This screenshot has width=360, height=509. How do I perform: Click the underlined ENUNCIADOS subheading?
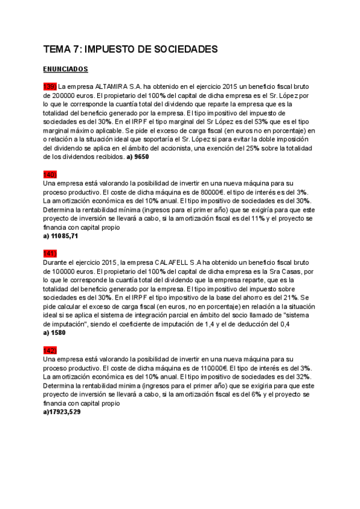(66, 69)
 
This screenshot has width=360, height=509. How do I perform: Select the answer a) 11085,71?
(61, 236)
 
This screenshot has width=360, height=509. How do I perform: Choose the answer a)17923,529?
(62, 412)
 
